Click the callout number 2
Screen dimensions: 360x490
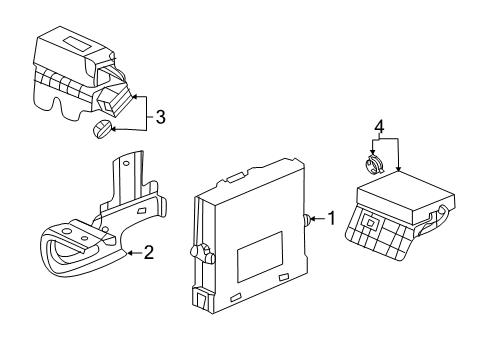(149, 252)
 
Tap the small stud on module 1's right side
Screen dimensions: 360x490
(304, 218)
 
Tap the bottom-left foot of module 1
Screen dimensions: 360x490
(200, 299)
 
